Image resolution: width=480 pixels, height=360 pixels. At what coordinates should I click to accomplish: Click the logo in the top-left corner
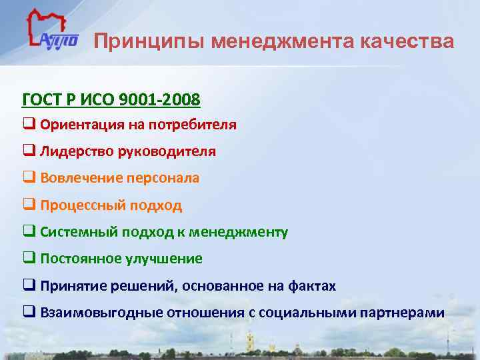[51, 34]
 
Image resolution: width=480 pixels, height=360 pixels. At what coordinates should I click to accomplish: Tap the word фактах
[313, 286]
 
